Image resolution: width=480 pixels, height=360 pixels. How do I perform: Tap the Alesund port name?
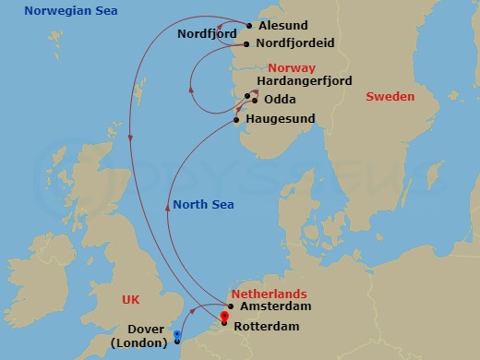(283, 26)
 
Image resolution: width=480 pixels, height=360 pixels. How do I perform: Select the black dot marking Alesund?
(249, 26)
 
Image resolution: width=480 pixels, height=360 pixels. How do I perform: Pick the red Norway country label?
(292, 68)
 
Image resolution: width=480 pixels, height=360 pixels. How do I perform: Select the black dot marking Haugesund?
(237, 119)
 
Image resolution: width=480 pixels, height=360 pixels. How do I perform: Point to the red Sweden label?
(390, 96)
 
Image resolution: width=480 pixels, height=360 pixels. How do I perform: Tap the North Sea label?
(201, 205)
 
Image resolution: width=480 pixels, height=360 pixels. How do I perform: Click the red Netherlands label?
(263, 290)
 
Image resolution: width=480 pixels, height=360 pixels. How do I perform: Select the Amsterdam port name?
(275, 306)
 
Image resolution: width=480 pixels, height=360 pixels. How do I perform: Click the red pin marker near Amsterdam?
(224, 318)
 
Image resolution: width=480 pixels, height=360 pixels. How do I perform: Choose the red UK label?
(135, 300)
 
